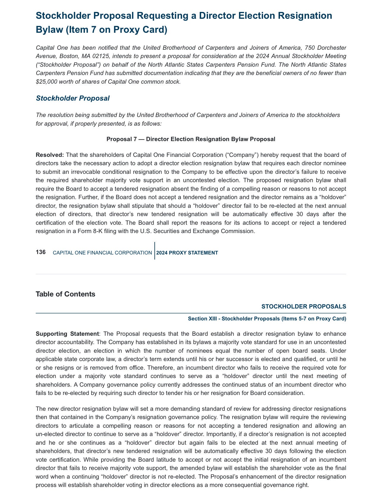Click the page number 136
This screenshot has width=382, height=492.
pos(41,252)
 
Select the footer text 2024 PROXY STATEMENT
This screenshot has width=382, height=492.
pos(187,253)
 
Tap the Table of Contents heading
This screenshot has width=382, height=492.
pos(65,294)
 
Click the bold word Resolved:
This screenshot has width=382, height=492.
pos(50,155)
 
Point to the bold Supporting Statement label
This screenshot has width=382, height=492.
pos(67,334)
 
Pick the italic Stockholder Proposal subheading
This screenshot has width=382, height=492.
pos(73,98)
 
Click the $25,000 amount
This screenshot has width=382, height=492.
pos(46,82)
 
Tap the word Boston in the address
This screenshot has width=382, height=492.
pos(68,56)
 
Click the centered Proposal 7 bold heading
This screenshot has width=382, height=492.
pos(191,139)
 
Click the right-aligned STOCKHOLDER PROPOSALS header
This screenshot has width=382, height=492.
pos(303,306)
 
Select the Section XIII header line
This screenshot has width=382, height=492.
pos(267,318)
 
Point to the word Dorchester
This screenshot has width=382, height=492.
pos(332,48)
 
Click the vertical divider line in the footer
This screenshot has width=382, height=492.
pos(155,251)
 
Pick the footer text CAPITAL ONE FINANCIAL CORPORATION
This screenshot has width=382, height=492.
pos(102,253)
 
